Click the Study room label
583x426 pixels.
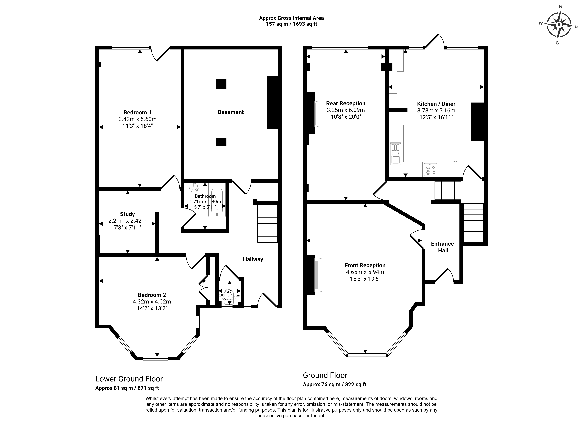(127, 214)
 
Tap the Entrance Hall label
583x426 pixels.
(442, 247)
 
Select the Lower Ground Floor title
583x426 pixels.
(129, 379)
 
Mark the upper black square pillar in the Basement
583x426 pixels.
(221, 84)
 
